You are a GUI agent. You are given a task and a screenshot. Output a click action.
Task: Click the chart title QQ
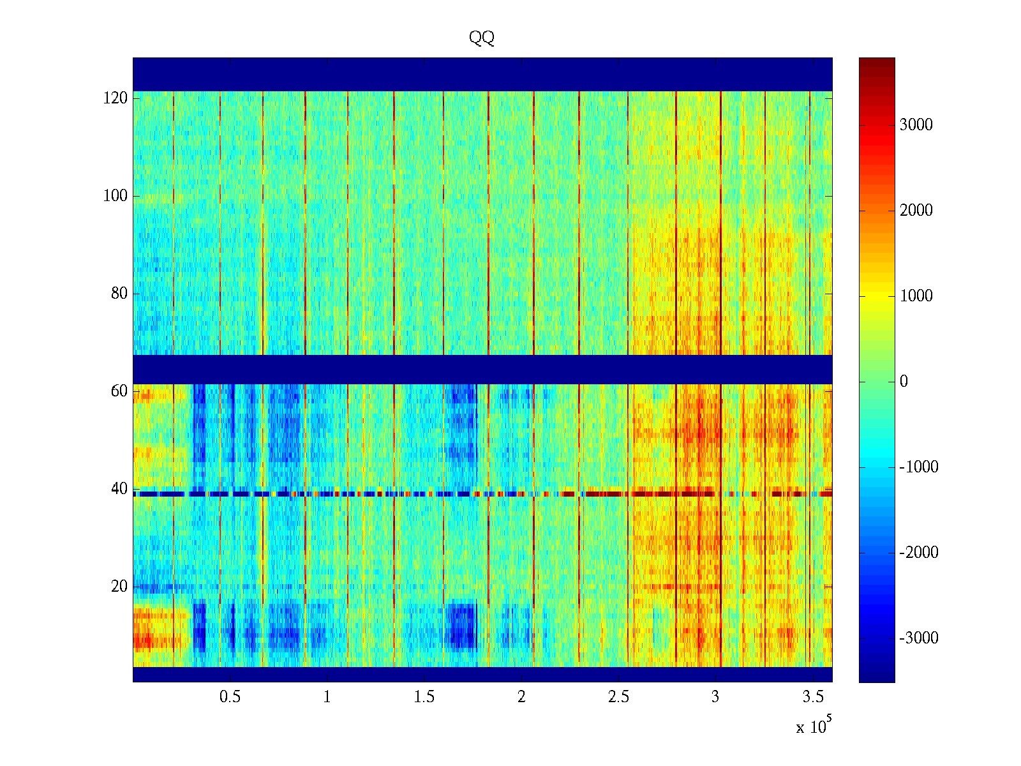click(x=482, y=38)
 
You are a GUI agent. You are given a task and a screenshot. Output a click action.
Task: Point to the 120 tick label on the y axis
click(x=116, y=98)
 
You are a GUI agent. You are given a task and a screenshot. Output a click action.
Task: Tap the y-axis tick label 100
click(x=116, y=196)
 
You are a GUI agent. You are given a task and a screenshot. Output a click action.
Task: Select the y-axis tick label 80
click(x=119, y=294)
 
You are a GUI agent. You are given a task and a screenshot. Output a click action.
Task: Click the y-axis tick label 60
click(x=119, y=391)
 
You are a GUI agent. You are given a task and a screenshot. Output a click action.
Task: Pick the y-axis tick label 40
click(x=119, y=489)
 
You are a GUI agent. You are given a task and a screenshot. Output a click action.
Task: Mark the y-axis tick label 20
click(x=119, y=587)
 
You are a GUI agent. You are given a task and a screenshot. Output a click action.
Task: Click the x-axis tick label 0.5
click(x=230, y=697)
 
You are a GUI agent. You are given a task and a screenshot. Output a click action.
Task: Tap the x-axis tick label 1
click(x=327, y=697)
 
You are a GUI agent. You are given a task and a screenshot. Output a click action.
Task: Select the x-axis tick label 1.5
click(x=424, y=697)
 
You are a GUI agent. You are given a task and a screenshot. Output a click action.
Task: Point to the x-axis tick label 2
click(x=521, y=697)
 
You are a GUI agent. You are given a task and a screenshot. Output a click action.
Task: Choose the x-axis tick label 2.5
click(x=618, y=697)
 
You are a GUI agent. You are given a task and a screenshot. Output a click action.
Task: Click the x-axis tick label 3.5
click(x=812, y=697)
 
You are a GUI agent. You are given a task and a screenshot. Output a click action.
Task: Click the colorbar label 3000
click(x=916, y=125)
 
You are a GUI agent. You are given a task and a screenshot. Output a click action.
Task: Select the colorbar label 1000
click(x=916, y=296)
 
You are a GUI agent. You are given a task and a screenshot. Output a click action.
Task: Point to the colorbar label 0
click(x=904, y=382)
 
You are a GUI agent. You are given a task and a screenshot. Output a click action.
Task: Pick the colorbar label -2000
click(x=919, y=553)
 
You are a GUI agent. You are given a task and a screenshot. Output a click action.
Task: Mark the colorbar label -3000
click(x=919, y=638)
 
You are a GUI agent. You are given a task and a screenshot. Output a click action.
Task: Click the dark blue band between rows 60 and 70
click(x=482, y=369)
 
